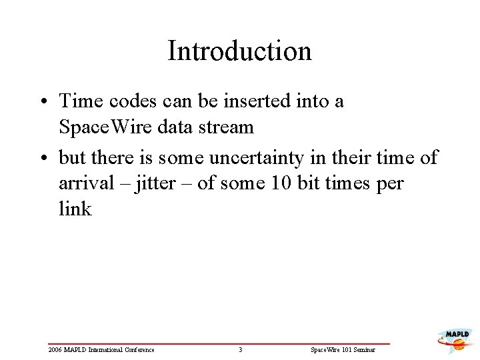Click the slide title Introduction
coord(239,51)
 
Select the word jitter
coord(154,183)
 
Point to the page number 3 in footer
coord(240,349)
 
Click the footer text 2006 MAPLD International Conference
coord(101,349)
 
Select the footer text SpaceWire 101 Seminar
coord(344,349)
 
